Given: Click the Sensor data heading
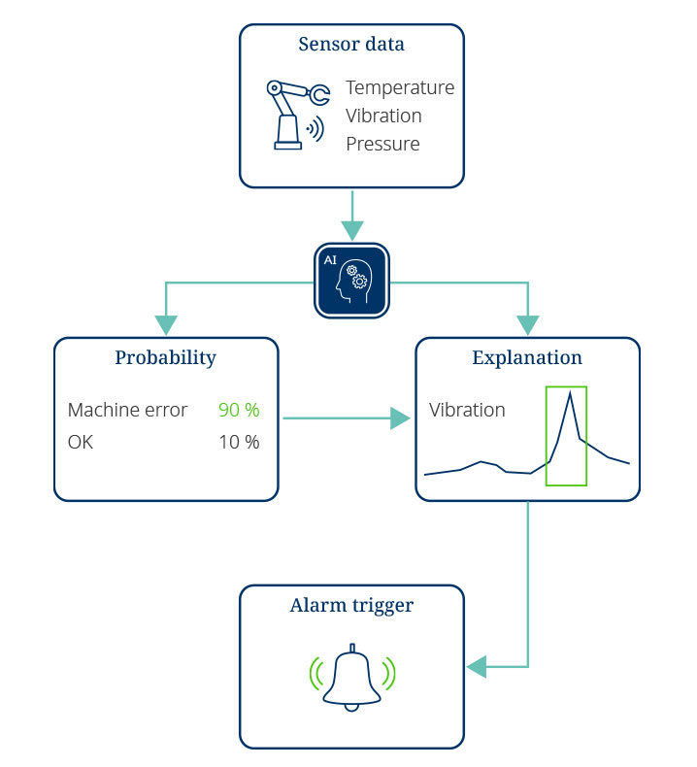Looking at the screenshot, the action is [351, 44].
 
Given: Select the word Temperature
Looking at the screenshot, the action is [400, 88].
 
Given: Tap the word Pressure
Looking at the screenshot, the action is [382, 144].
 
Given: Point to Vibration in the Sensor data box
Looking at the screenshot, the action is [383, 116].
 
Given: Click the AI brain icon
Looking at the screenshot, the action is [351, 281].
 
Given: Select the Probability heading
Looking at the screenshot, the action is [165, 357].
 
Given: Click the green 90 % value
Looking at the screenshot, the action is [239, 410].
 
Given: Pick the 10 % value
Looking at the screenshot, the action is [239, 442].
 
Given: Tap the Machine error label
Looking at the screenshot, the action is [128, 410].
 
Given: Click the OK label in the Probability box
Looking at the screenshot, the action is [81, 442].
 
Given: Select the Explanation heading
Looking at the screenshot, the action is [527, 357].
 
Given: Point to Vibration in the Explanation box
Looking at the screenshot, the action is [467, 410].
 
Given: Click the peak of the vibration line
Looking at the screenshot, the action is [570, 392].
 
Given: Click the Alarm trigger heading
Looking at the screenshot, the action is [351, 606].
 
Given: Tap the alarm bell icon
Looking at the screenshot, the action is [351, 678].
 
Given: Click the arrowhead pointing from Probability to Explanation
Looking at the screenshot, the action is [400, 418].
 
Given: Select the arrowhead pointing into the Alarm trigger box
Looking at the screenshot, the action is [477, 667].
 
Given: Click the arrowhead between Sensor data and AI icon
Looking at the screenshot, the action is [352, 230].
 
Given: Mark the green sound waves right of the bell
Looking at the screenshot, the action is [389, 674].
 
